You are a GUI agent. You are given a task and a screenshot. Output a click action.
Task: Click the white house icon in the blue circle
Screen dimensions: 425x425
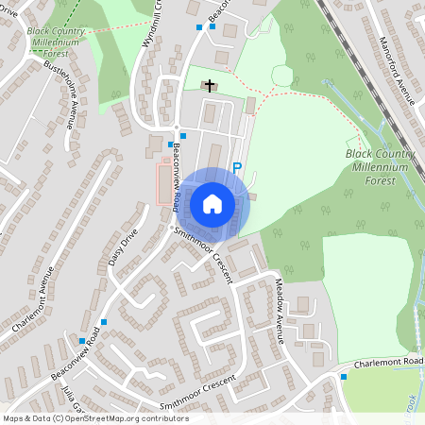click(212, 203)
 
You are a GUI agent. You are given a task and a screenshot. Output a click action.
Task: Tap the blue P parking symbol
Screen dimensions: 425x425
click(238, 168)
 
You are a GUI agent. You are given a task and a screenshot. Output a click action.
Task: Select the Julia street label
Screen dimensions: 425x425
click(66, 397)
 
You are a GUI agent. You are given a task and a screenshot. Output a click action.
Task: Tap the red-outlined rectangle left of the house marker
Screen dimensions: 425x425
click(166, 185)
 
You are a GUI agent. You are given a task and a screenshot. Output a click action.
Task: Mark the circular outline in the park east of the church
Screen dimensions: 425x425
click(281, 75)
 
